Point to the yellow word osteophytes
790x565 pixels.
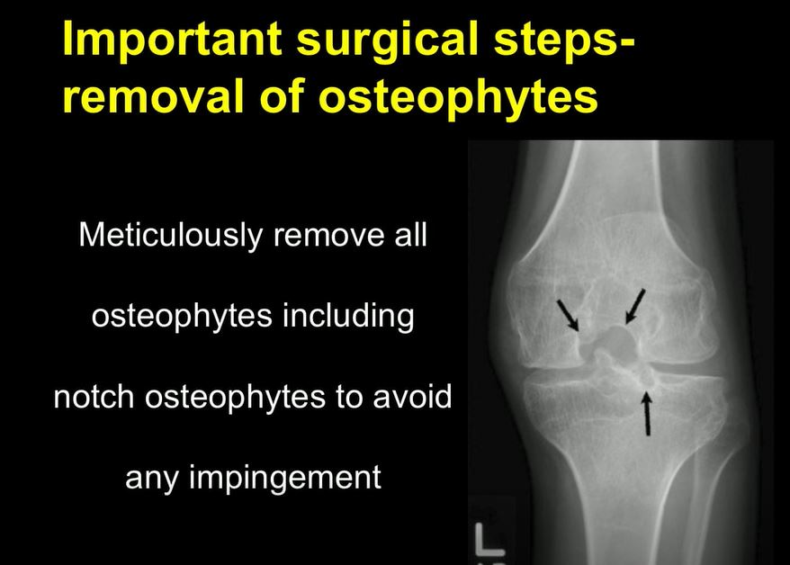[458, 97]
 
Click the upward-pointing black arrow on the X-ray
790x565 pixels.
[646, 412]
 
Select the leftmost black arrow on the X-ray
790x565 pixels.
[568, 314]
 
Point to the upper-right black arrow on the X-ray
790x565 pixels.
[634, 306]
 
